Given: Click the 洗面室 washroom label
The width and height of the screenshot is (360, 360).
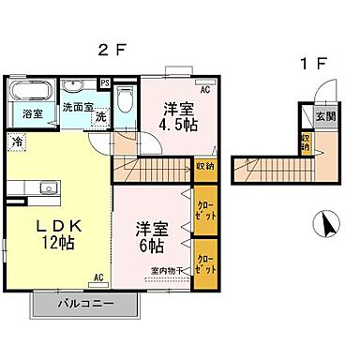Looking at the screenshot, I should click(x=76, y=107).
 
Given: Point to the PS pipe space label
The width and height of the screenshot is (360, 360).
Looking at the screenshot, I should click(x=104, y=82).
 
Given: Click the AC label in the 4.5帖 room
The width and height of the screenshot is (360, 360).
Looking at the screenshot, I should click(x=203, y=91).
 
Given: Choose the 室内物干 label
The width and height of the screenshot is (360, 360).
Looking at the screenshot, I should click(x=167, y=272).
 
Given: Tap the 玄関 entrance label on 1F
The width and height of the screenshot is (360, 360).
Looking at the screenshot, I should click(x=322, y=116).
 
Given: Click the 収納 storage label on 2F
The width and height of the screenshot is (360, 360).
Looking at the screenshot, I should click(x=205, y=166).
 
